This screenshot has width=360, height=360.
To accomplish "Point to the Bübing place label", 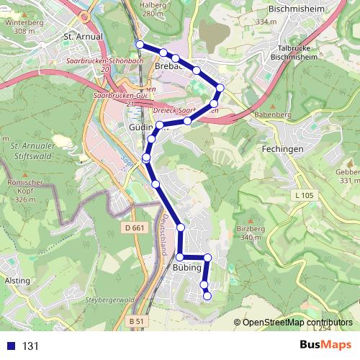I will point(186,268).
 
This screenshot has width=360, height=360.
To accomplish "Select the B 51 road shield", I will point(136,320).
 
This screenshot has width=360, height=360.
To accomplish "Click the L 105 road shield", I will point(305,195).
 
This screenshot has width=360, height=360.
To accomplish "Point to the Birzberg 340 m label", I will point(250,232).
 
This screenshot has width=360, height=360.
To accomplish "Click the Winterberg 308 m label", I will point(19,26).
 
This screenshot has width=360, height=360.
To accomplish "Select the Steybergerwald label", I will point(110,299).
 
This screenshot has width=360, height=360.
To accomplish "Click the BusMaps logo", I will point(325,345).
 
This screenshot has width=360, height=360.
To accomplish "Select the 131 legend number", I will point(31,346).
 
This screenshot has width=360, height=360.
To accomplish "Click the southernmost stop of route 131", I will point(207,295).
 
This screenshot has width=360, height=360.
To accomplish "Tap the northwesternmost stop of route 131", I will point(140,45).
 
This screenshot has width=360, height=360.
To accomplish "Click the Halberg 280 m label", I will point(154,9).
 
